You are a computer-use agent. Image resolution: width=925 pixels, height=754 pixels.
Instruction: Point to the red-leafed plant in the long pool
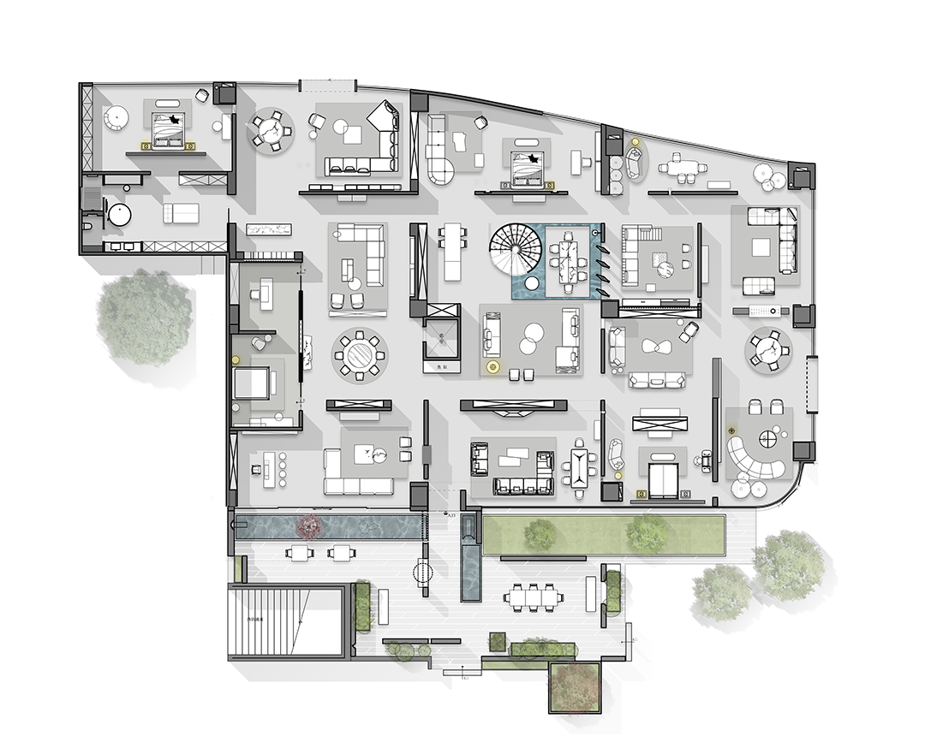click(307, 525)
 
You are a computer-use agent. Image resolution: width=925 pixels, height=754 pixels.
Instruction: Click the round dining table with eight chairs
click(359, 353)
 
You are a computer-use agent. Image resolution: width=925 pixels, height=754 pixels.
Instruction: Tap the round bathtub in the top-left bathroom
click(117, 213)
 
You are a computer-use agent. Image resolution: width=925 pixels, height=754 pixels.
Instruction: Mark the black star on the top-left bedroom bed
click(176, 121)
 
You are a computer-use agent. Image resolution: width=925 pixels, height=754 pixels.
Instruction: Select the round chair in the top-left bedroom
click(116, 116)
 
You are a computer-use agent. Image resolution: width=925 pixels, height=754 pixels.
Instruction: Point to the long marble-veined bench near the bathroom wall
click(269, 229)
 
